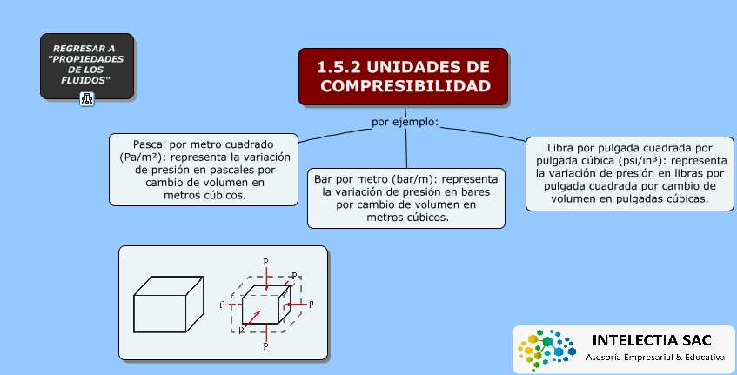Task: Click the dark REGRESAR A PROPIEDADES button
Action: pyautogui.click(x=87, y=66)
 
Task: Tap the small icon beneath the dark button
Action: pyautogui.click(x=87, y=99)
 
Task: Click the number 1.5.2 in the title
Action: pyautogui.click(x=338, y=67)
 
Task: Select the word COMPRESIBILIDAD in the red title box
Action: pyautogui.click(x=405, y=86)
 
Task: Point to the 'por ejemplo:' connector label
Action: pyautogui.click(x=405, y=122)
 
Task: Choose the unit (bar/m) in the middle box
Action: pyautogui.click(x=412, y=179)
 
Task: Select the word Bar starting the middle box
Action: pyautogui.click(x=323, y=179)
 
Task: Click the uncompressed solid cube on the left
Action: pyautogui.click(x=169, y=305)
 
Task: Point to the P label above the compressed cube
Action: pyautogui.click(x=265, y=262)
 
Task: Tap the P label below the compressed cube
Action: pyautogui.click(x=265, y=346)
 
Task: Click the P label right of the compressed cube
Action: pyautogui.click(x=311, y=305)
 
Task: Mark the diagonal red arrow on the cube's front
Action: pyautogui.click(x=252, y=318)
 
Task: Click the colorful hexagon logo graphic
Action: pyautogui.click(x=546, y=350)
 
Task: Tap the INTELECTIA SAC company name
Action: pyautogui.click(x=652, y=340)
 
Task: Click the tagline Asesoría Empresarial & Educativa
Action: pyautogui.click(x=655, y=358)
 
